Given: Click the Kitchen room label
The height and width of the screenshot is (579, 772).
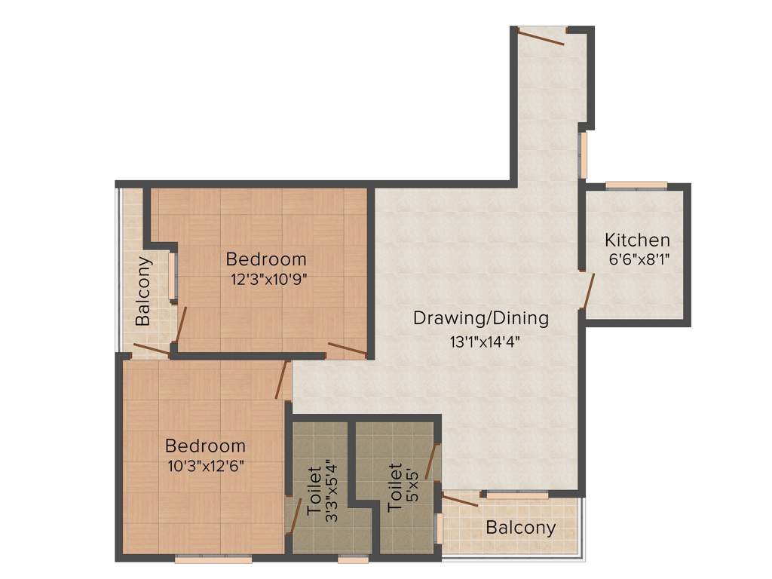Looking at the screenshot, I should pos(637,240).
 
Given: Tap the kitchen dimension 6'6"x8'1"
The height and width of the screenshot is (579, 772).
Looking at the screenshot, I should pos(639,260).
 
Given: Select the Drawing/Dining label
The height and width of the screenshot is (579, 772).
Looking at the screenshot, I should pos(480,318).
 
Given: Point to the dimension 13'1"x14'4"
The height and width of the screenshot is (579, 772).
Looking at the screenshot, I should pos(485,341).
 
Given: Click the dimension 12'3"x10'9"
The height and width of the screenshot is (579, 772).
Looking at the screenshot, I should pos(268,279).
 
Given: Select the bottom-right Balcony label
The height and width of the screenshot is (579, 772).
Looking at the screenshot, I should pos(520,528).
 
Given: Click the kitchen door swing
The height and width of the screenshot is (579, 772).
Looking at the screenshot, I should pos(588,292).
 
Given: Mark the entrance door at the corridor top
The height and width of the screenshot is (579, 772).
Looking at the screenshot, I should pos(541,36).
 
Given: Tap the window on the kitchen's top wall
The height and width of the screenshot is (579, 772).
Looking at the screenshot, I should pos(636,185).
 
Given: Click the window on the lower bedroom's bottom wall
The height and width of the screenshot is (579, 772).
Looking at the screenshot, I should pos(213,559).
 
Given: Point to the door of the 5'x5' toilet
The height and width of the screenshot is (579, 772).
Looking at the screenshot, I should pos(432,461).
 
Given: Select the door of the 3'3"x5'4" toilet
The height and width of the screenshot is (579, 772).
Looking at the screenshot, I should pos(295,516).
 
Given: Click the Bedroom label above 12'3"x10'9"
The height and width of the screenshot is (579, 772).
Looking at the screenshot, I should pos(266,259).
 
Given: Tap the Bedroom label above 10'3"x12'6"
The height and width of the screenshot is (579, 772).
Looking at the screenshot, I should pos(206,446).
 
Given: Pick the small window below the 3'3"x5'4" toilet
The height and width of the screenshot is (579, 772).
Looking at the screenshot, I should pos(353,559).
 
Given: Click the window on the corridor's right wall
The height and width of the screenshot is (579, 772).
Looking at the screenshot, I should pos(582,155).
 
